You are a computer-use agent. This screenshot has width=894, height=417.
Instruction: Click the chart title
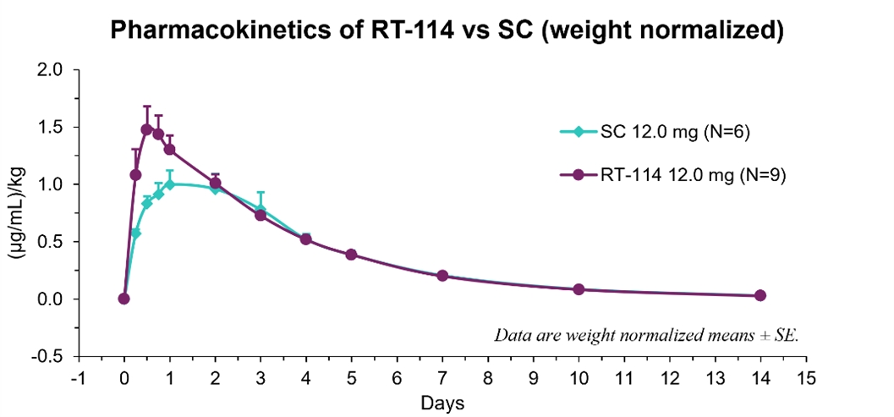(x=447, y=31)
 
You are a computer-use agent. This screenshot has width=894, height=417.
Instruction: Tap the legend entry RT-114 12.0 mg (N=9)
(x=676, y=174)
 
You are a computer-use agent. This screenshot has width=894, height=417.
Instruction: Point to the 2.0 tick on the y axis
(x=52, y=70)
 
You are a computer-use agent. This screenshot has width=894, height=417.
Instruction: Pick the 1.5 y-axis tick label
(x=52, y=128)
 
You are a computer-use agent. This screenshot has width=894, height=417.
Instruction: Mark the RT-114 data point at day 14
(x=760, y=295)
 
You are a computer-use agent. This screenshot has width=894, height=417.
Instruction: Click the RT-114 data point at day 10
(x=579, y=289)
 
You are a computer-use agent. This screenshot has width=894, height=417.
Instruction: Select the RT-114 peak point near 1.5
(x=147, y=129)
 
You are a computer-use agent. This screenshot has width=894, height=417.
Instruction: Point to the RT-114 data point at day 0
(x=124, y=299)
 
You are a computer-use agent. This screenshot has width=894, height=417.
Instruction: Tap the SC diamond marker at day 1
(x=170, y=184)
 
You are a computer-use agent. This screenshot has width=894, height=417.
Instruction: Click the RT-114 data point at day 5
(x=351, y=255)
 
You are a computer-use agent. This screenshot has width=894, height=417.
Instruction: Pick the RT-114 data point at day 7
(x=442, y=276)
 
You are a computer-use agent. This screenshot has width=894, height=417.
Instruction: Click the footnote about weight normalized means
(x=648, y=335)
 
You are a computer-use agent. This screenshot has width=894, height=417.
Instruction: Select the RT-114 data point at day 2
(x=215, y=184)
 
